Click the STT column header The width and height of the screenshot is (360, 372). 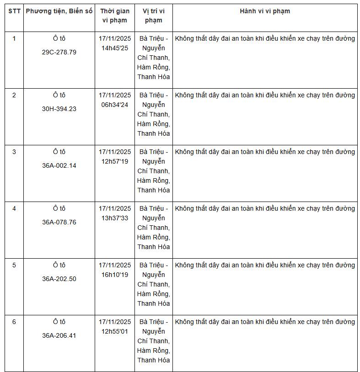[x=14, y=11]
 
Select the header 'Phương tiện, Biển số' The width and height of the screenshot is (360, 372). [x=59, y=11]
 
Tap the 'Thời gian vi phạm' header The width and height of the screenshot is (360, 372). [x=115, y=16]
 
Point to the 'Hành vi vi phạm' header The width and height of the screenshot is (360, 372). [x=265, y=11]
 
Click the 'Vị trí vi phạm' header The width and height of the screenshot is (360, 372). [x=154, y=16]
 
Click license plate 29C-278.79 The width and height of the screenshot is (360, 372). [x=59, y=52]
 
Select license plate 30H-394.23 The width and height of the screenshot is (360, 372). [x=59, y=109]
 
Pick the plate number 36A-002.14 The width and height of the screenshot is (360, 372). [x=59, y=165]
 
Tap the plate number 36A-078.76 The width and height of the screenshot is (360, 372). [x=59, y=222]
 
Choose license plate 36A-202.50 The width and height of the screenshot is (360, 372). [x=59, y=279]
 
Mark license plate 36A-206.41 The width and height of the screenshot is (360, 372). [x=59, y=335]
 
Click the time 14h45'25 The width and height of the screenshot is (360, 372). [x=115, y=48]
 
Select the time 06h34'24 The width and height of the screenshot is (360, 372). [x=115, y=105]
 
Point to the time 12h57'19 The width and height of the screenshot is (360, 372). [x=115, y=161]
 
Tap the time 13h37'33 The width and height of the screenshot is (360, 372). [x=115, y=218]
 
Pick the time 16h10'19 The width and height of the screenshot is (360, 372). [x=115, y=275]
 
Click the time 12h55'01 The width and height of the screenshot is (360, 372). [x=115, y=331]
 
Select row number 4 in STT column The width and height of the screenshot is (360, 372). [x=14, y=208]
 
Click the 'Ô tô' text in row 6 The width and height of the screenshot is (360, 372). [x=59, y=322]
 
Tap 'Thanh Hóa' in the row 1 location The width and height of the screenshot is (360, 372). [x=154, y=77]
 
